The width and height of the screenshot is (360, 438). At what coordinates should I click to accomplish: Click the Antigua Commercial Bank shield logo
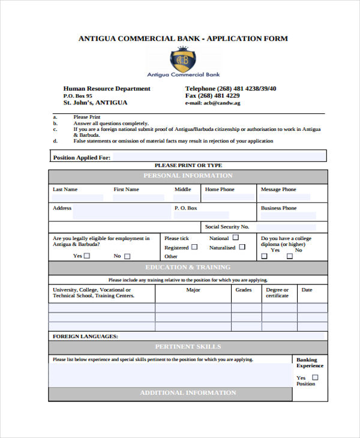click(x=183, y=60)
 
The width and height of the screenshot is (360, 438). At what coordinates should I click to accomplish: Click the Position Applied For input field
click(x=219, y=158)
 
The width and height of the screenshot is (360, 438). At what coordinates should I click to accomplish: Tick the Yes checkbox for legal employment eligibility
click(x=87, y=256)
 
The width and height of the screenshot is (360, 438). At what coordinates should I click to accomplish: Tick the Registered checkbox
click(x=194, y=247)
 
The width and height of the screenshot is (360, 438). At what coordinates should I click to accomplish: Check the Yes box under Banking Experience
click(x=316, y=377)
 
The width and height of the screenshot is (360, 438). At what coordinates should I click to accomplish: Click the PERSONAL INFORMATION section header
click(x=188, y=176)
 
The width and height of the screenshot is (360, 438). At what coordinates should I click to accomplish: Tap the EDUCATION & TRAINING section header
click(x=188, y=268)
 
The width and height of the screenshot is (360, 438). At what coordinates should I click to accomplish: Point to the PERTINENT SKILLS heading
click(x=188, y=347)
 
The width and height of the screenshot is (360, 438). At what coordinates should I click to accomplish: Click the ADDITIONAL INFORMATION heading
click(x=188, y=393)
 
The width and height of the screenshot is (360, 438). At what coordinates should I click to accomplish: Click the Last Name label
click(x=65, y=190)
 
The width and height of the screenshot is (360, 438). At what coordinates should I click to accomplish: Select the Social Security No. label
click(x=227, y=227)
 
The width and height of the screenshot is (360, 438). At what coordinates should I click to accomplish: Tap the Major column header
click(x=193, y=290)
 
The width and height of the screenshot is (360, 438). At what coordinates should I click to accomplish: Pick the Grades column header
click(x=244, y=290)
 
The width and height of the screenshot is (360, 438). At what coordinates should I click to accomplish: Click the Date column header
click(x=307, y=290)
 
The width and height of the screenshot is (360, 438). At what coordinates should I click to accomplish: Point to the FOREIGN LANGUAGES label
click(x=85, y=337)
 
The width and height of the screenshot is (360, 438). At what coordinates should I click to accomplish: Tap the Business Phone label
click(x=278, y=208)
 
